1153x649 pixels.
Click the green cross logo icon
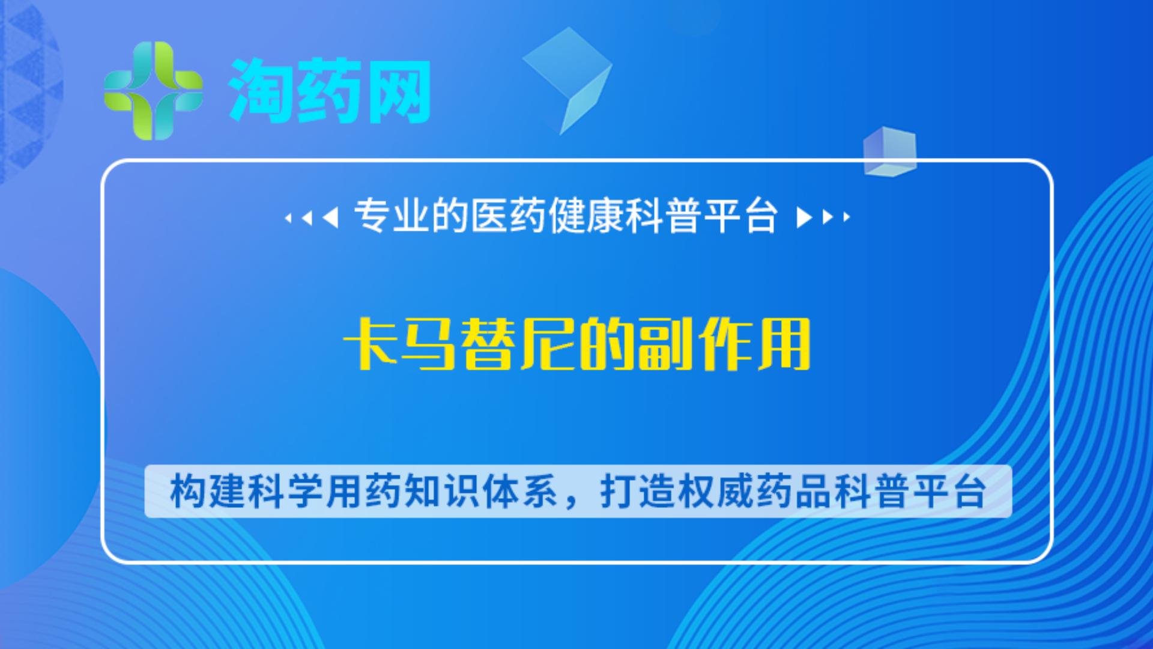pos(153,91)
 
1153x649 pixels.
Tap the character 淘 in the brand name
pos(261,91)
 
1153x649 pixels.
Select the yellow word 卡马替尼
pos(459,344)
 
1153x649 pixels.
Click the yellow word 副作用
pos(724,344)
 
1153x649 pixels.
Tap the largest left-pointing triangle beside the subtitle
pos(330,217)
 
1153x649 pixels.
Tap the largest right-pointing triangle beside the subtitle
pos(804,217)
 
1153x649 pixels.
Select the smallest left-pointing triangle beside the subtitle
pos(288,218)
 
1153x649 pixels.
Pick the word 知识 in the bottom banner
pos(441,492)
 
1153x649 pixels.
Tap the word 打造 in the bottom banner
pos(638,492)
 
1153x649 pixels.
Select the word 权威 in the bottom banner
pos(716,492)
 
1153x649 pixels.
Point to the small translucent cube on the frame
pos(890,151)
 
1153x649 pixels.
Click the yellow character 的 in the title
pos(607,344)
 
